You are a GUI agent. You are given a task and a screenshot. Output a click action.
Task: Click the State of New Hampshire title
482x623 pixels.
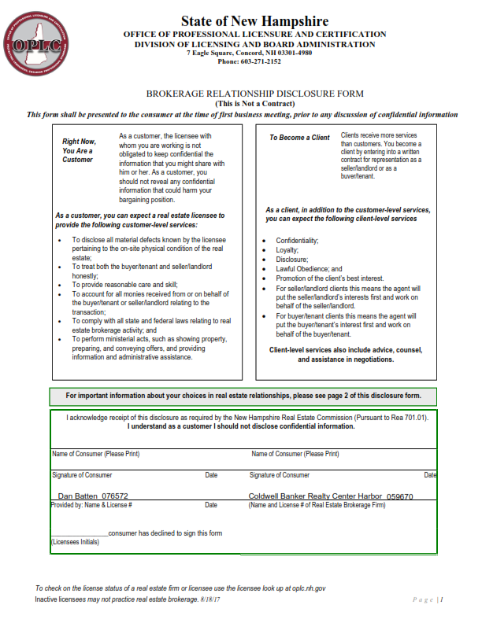click(254, 21)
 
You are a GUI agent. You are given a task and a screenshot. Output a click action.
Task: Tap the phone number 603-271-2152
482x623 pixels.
click(255, 61)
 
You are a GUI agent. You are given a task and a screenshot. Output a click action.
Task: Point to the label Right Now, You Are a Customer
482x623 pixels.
click(79, 150)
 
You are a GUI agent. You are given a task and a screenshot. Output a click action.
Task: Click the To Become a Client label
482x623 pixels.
click(299, 138)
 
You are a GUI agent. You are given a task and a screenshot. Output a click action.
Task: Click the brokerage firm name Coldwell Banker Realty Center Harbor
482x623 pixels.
click(315, 496)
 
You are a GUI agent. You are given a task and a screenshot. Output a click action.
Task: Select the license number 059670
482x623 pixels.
click(400, 496)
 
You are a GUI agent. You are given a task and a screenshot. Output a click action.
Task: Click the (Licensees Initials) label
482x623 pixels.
click(76, 542)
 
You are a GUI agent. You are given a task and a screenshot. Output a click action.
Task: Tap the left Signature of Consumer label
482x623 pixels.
click(82, 475)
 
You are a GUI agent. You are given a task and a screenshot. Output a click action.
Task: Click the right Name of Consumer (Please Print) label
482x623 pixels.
click(295, 454)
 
